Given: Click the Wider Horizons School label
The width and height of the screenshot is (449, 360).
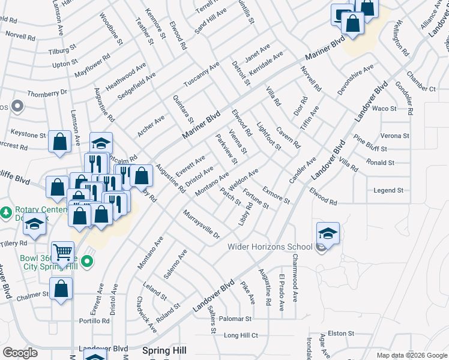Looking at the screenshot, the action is point(270,247).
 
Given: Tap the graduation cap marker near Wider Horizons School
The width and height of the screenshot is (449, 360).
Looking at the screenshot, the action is point(328,233).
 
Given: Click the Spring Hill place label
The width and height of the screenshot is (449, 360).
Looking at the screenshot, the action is point(164,350).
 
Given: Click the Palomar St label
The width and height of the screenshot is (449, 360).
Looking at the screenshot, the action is point(235,319).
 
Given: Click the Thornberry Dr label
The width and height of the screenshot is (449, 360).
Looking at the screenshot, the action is point(47,94).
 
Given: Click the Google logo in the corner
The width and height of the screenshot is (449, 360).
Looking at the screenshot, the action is point(20,352).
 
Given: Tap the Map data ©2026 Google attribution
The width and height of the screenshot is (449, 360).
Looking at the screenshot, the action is point(411,355).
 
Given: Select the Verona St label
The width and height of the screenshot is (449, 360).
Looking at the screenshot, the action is point(394,136).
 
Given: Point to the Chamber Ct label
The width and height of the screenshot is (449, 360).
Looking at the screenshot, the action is point(421,82).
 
